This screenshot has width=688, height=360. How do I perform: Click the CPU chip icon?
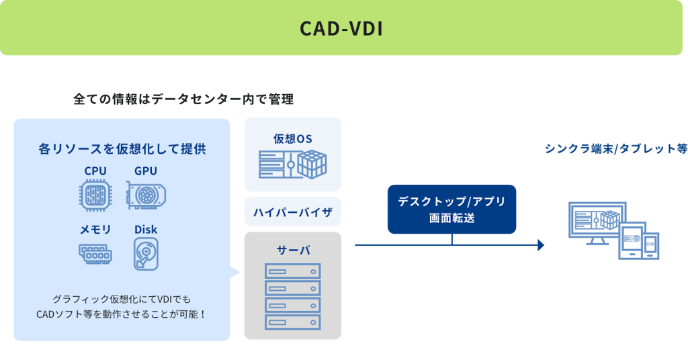point(95,195)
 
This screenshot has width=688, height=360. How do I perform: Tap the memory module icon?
point(95,254)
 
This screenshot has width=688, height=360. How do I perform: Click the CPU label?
point(95,171)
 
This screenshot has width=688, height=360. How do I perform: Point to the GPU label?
point(146,171)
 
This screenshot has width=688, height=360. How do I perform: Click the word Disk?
point(146,230)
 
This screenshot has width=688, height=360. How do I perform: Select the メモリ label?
point(95,230)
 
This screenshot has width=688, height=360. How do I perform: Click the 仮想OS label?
point(292,139)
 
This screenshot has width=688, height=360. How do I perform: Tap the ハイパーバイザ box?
point(292,212)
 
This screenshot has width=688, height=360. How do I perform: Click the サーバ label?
point(292,250)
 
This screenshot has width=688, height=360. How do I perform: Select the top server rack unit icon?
point(292,271)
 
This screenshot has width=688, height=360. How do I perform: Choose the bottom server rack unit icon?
point(292,321)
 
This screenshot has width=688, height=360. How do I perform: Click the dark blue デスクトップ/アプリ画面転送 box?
point(451,210)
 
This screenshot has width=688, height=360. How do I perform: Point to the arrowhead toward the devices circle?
point(541,246)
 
